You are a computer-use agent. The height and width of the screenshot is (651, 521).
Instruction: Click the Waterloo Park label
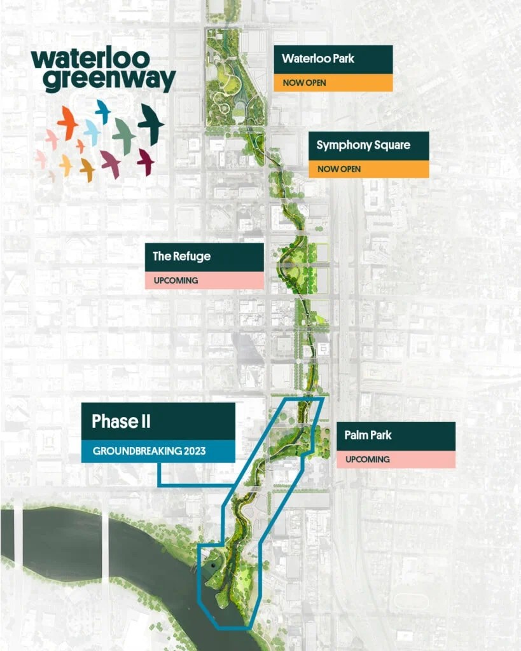coord(318,59)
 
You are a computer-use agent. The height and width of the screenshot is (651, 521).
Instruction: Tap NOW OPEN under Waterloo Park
coord(300,83)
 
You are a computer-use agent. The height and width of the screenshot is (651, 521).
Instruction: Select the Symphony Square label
coord(363,145)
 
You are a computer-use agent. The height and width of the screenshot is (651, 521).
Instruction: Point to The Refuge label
coord(181,257)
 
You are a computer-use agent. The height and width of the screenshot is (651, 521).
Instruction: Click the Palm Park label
coord(368,435)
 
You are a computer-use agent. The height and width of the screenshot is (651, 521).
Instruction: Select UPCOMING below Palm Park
coord(368,459)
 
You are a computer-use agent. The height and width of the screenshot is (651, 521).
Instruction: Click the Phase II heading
coord(121,421)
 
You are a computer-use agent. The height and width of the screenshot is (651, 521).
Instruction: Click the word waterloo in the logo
coord(90,60)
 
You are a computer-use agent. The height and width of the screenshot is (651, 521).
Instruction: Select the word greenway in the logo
coord(103,81)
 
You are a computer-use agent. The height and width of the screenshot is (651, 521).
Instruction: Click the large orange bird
coord(67,121)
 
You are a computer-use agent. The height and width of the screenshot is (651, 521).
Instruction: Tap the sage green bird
coord(124,134)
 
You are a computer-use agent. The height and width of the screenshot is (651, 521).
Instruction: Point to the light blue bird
coord(92,132)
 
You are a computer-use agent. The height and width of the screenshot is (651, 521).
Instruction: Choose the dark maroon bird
coord(146,161)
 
